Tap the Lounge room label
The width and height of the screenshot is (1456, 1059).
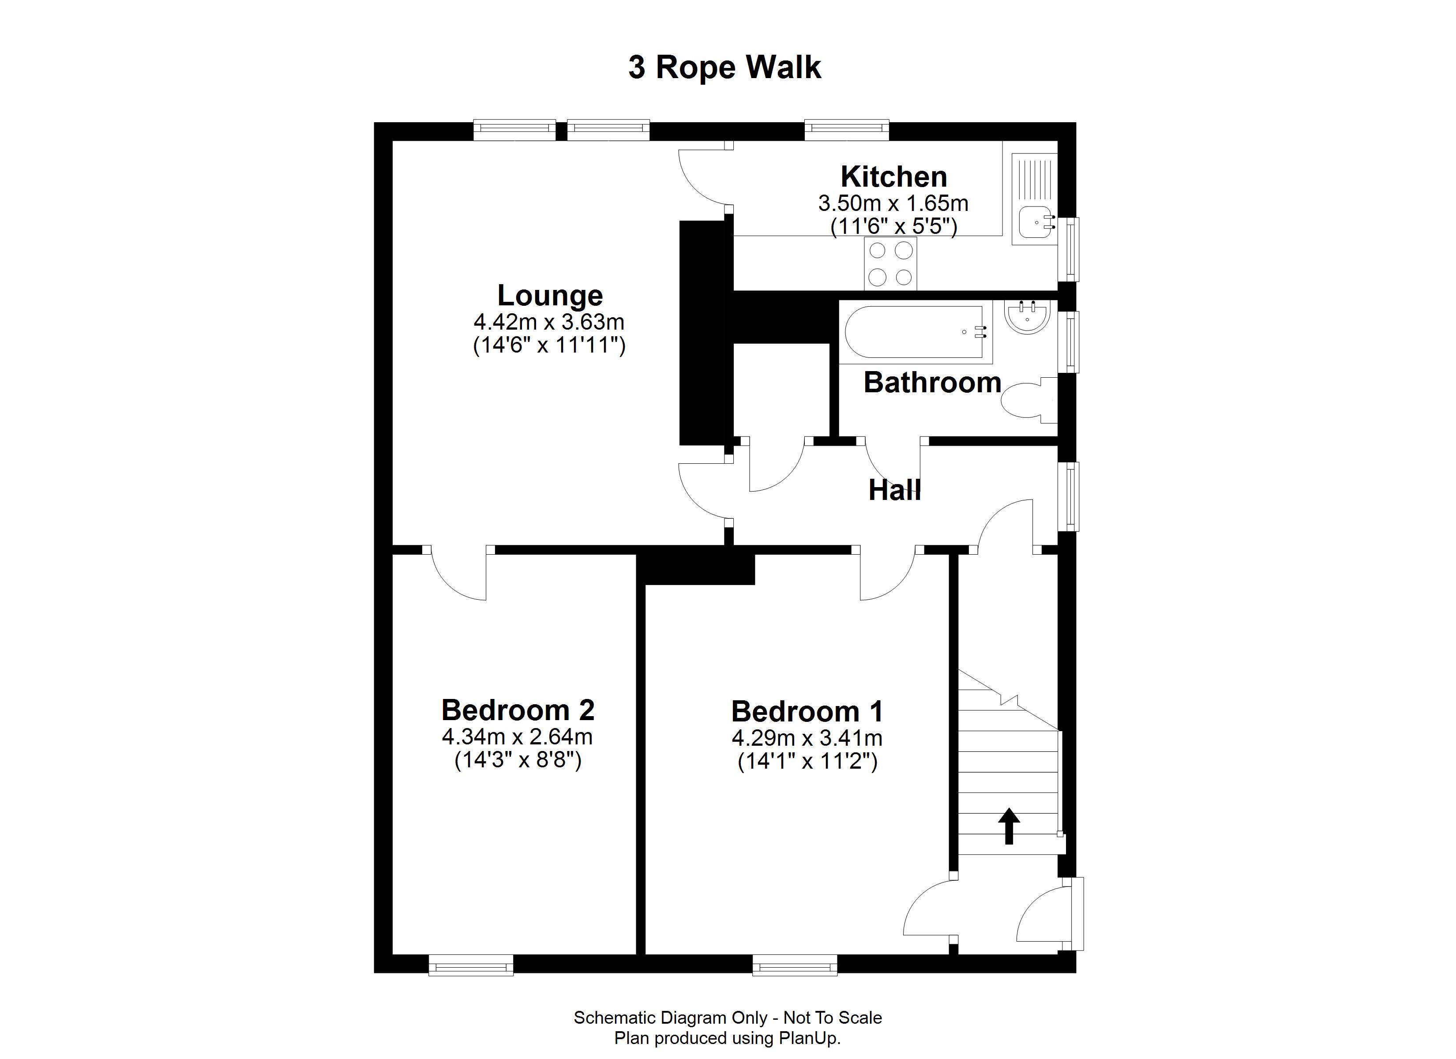(550, 295)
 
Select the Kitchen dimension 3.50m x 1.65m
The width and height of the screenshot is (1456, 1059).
(893, 203)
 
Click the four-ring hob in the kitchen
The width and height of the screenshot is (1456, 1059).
(890, 263)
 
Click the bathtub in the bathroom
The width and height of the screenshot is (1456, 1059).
(915, 332)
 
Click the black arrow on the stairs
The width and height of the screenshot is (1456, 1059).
(1009, 825)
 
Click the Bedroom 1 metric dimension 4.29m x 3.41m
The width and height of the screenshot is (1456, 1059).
(807, 739)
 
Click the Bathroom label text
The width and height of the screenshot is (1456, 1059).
(932, 383)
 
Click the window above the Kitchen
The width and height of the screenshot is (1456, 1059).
(847, 130)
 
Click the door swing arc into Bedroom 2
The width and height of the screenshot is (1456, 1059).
(457, 576)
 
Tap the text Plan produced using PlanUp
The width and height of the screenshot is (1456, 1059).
(728, 1038)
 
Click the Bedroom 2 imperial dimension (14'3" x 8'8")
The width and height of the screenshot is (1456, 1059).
(518, 760)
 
